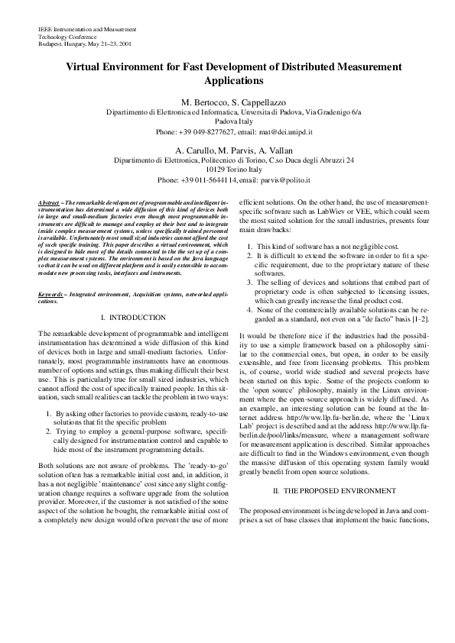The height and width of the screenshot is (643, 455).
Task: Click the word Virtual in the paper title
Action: point(84,67)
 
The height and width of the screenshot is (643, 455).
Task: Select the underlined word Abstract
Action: point(50,202)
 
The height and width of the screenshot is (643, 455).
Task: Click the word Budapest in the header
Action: point(51,44)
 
